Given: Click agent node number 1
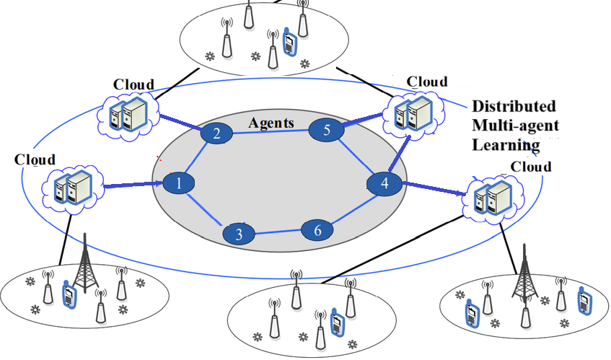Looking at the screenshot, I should point(179,184).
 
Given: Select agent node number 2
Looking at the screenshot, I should point(214,133).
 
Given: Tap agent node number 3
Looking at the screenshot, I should point(238,234).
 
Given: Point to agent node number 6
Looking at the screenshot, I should point(316,230).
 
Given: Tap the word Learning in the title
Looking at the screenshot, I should point(506,145).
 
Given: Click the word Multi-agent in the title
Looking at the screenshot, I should point(515,125).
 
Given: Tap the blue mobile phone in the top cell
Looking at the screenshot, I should point(289,42).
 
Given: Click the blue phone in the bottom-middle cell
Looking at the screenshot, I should point(335,322).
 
